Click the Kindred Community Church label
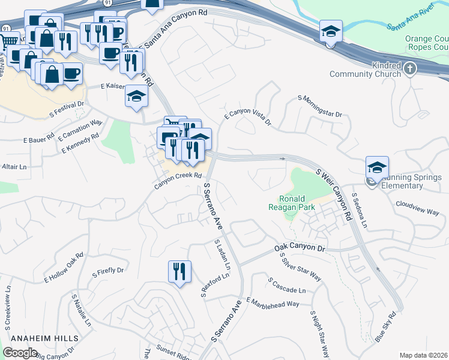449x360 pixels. [365, 69]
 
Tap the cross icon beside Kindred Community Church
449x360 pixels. [410, 69]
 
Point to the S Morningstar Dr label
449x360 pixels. [319, 106]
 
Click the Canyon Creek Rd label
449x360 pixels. [177, 180]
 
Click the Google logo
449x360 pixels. [20, 352]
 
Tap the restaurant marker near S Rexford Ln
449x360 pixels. [179, 272]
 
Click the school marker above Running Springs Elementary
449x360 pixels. [377, 167]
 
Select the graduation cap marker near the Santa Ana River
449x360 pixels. [331, 31]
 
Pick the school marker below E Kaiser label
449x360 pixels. [137, 97]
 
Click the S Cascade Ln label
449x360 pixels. [287, 286]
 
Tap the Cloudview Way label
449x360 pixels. [417, 208]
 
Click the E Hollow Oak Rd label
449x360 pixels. [63, 268]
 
